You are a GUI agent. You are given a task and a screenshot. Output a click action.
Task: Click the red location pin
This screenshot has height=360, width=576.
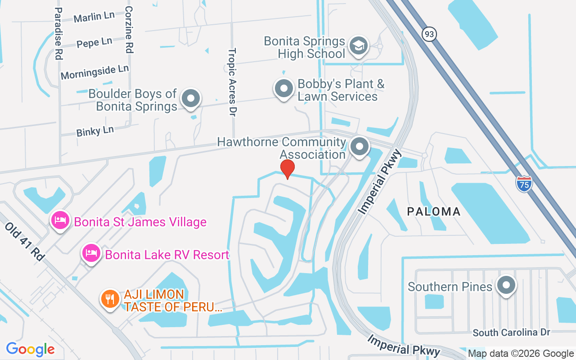click(287, 169)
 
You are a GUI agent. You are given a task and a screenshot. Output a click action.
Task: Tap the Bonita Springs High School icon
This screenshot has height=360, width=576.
click(359, 46)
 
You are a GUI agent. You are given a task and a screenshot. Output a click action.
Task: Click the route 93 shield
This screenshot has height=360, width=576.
click(430, 34)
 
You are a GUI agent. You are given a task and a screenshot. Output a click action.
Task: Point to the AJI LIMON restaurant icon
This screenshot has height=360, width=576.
click(109, 299)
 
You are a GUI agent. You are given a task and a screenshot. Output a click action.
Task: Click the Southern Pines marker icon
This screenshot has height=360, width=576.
click(506, 285)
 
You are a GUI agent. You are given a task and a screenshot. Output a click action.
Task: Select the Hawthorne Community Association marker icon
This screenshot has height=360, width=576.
click(359, 146)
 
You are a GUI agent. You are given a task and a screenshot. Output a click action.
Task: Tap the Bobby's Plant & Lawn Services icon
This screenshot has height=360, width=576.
click(284, 89)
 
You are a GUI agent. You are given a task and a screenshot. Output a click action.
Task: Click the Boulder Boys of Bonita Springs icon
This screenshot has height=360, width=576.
click(191, 98)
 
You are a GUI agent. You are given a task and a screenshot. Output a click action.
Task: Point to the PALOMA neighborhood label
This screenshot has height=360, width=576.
click(434, 211)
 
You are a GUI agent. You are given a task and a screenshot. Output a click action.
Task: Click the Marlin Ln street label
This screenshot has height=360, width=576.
click(94, 17)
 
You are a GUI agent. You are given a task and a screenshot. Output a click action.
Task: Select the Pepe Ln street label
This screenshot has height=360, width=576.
click(94, 43)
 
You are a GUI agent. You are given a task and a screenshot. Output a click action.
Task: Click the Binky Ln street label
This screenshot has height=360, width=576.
click(95, 131)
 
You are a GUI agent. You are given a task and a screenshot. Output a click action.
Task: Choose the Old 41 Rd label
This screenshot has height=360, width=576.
click(25, 241)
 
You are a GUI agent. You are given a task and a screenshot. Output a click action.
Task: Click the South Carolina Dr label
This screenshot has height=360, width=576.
click(511, 333)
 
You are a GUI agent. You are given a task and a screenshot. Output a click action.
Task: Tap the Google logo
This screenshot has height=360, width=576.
click(30, 349)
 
